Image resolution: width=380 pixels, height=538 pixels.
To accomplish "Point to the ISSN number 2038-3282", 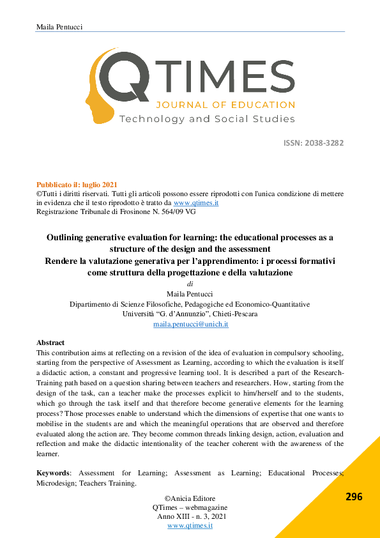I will pyautogui.click(x=323, y=142).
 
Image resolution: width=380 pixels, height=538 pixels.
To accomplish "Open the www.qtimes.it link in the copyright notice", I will pyautogui.click(x=201, y=203).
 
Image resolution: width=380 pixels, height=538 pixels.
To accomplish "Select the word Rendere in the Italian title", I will pyautogui.click(x=63, y=261).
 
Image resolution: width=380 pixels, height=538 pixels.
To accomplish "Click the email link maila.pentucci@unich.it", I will pyautogui.click(x=191, y=325).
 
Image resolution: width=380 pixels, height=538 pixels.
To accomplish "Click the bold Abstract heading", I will pyautogui.click(x=50, y=343).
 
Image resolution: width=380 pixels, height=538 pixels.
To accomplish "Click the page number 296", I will pyautogui.click(x=353, y=496).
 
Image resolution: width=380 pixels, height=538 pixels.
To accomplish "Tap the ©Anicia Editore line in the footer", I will pyautogui.click(x=190, y=498).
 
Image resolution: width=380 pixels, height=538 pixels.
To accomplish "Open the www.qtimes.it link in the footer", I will pyautogui.click(x=190, y=525).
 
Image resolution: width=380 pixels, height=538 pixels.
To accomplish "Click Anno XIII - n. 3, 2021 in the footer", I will pyautogui.click(x=191, y=516).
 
